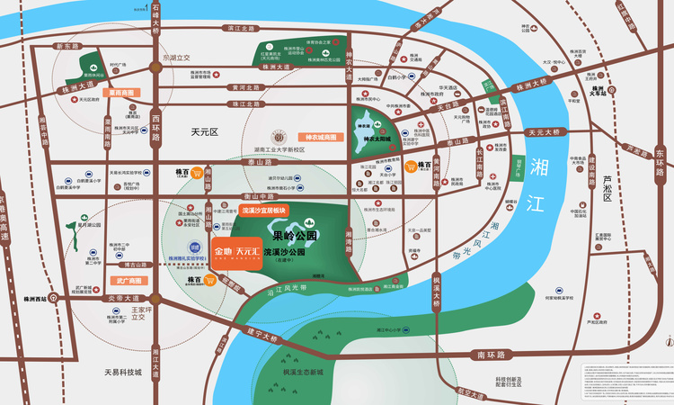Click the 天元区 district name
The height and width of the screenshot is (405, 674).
pos(205,131)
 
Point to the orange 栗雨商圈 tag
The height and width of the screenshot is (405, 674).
pos(119,92)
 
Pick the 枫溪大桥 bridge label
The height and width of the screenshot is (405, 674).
pos(437,288)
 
